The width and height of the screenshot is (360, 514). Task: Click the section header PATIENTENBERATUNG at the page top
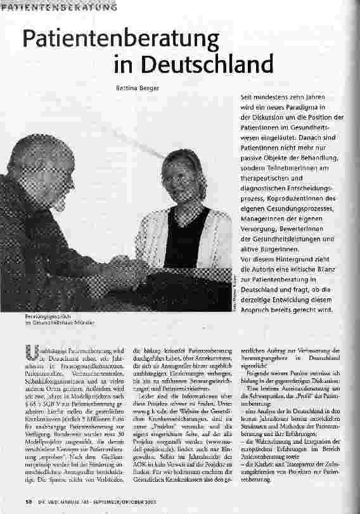(x=58, y=7)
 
